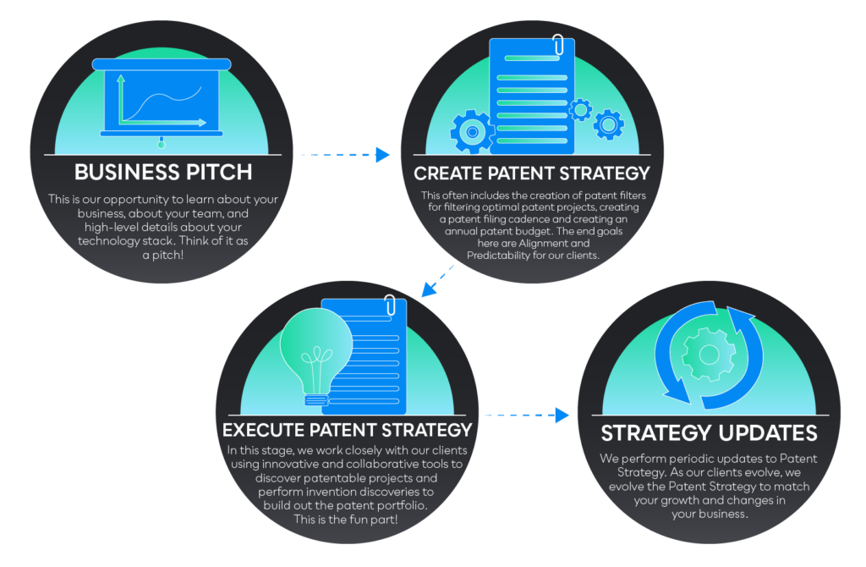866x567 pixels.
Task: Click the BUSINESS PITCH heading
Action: point(163,172)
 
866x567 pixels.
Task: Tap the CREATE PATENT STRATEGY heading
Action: point(532,173)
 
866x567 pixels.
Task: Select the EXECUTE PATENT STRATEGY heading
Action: point(347,430)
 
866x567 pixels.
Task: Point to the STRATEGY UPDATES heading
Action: point(710,433)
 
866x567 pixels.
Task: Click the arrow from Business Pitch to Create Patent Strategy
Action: point(345,155)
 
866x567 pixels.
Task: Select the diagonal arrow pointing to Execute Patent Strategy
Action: point(437,281)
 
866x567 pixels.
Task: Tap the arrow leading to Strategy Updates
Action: point(527,415)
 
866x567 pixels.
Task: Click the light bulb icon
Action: point(315,356)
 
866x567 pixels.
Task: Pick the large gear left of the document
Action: point(472,131)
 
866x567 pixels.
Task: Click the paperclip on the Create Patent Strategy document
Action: point(558,46)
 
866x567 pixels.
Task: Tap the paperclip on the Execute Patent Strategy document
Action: point(391,305)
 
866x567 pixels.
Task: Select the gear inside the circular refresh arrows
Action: point(709,355)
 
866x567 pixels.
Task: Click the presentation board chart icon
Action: point(162,98)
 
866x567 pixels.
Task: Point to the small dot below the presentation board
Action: point(162,145)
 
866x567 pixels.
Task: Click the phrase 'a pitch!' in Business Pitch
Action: point(163,255)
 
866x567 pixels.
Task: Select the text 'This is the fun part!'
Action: point(346,520)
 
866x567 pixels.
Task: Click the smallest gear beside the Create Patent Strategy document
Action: point(580,110)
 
